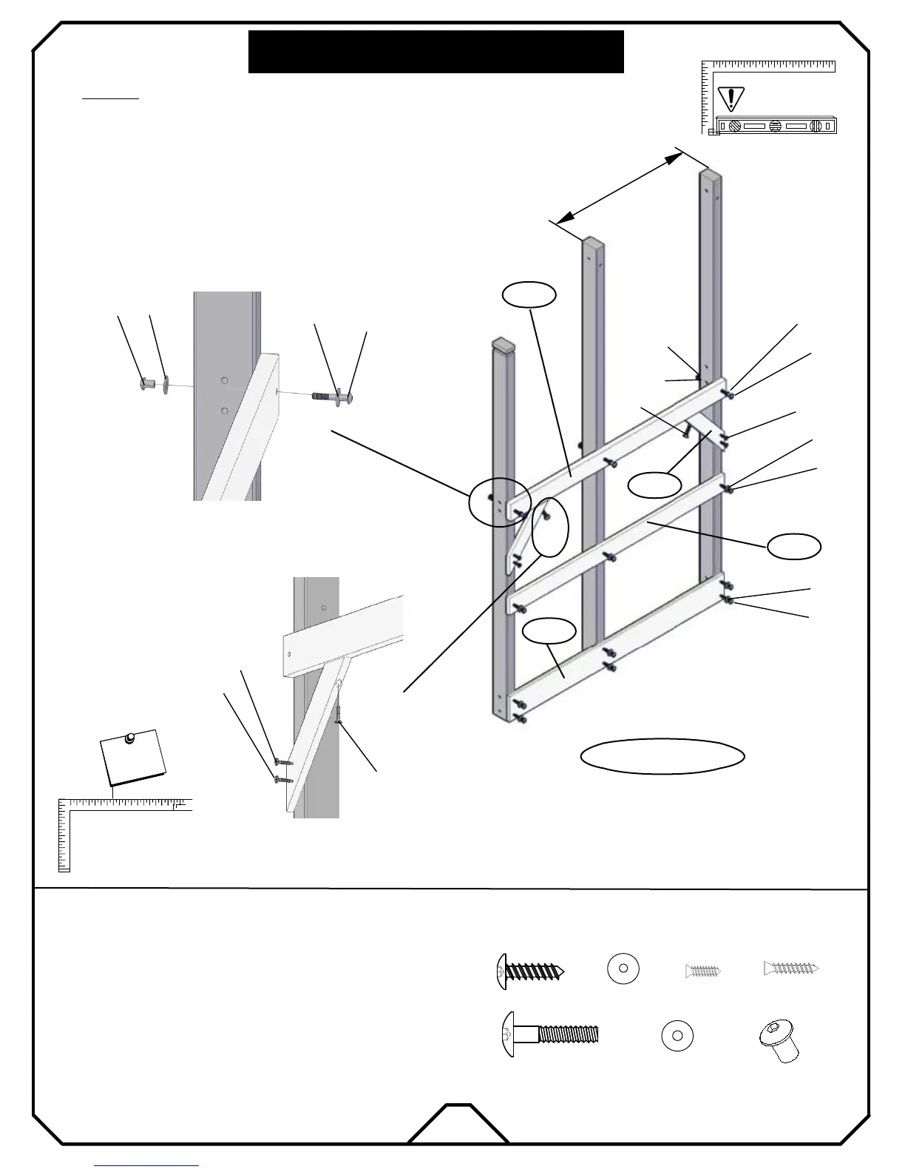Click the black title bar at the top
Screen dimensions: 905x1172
[436, 52]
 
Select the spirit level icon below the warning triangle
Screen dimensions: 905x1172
[777, 126]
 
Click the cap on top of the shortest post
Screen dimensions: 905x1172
[502, 344]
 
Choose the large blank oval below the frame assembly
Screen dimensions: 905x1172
[662, 755]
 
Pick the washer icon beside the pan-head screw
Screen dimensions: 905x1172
[623, 969]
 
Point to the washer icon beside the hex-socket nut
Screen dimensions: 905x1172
[677, 1036]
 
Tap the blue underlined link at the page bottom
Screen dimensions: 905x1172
[147, 1166]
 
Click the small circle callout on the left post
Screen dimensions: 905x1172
[499, 502]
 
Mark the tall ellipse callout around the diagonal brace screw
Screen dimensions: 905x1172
[549, 526]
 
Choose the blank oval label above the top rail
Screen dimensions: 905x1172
[529, 294]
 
